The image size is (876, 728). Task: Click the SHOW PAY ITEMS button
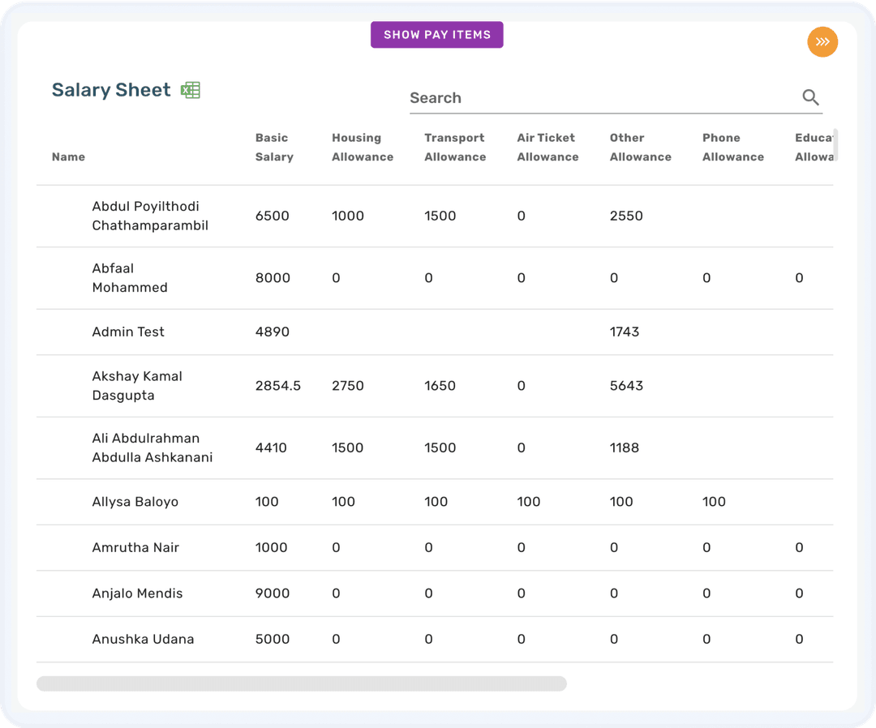436,35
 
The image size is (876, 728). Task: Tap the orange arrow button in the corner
822,42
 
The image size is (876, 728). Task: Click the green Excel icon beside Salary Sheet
191,90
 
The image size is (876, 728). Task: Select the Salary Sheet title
111,90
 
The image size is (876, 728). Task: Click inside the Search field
600,98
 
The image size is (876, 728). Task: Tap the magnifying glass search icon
810,98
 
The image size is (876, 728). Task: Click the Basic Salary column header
274,148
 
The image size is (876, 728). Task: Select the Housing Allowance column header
362,148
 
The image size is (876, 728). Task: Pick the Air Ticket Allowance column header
547,148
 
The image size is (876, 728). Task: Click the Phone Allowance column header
732,148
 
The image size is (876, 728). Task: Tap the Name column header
68,157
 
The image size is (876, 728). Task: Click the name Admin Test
128,332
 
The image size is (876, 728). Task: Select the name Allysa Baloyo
135,502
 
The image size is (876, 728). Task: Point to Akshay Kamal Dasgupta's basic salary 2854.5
277,386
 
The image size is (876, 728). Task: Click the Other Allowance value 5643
626,386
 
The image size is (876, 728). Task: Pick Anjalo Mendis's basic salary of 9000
272,593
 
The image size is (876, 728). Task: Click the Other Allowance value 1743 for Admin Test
625,332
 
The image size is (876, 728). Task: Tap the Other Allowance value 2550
626,216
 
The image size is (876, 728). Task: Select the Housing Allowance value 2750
348,386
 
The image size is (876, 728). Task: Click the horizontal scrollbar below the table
301,683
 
